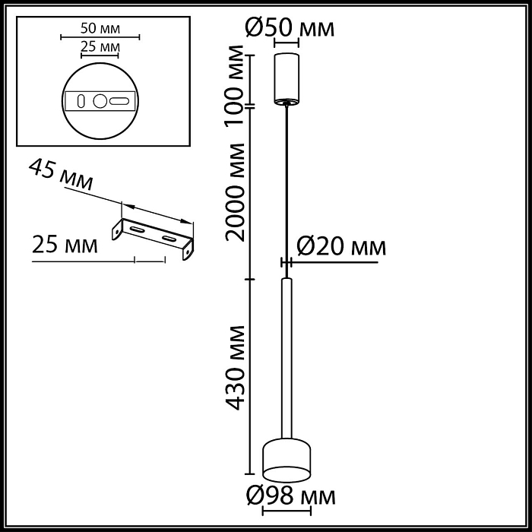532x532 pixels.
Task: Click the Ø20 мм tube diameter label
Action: pos(340,245)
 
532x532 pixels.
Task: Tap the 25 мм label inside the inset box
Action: pos(100,46)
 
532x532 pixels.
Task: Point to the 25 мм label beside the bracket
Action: pos(65,245)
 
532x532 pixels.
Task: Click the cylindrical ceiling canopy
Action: pos(287,78)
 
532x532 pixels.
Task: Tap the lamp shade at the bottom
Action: pos(287,461)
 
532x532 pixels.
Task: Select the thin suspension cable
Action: pos(287,190)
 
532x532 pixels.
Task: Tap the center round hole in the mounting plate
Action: pos(100,100)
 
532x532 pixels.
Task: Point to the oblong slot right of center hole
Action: pos(119,100)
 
